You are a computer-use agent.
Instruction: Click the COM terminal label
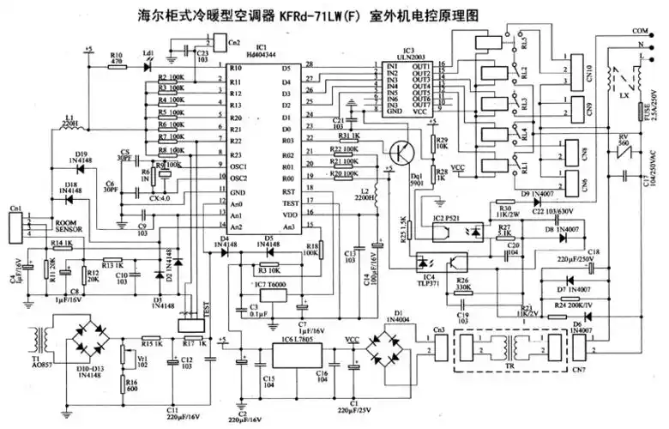pos(640,31)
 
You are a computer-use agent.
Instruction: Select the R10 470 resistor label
pos(118,57)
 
